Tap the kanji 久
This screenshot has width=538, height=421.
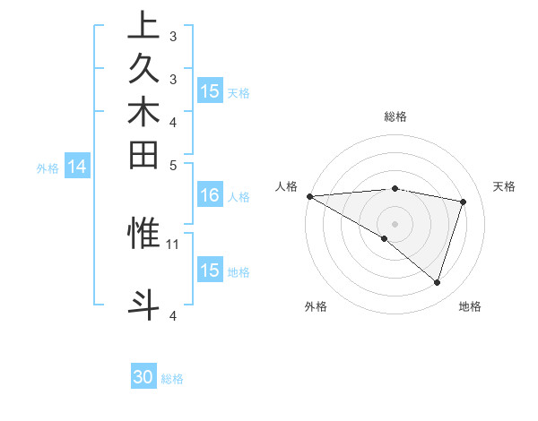(x=143, y=71)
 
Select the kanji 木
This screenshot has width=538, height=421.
(x=143, y=113)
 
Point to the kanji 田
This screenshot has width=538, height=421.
(x=143, y=155)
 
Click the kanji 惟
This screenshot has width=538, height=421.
(x=143, y=232)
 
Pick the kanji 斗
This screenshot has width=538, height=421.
(x=143, y=303)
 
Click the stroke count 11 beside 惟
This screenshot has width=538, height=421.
(x=173, y=244)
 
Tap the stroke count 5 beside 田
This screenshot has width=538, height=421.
(x=173, y=165)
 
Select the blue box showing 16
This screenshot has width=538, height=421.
(x=210, y=196)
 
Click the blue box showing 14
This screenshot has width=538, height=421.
(x=78, y=166)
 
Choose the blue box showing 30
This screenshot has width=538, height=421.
(x=143, y=377)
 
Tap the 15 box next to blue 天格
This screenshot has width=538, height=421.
(x=210, y=91)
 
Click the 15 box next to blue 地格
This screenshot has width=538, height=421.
(x=210, y=271)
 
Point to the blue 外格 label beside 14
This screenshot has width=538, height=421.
(x=48, y=167)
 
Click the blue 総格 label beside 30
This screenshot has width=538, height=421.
(x=172, y=379)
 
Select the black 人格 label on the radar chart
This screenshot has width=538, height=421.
(x=286, y=186)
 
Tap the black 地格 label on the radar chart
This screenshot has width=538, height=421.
(x=470, y=306)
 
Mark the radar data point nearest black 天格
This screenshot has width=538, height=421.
(x=464, y=202)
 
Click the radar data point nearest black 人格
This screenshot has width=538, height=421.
(x=309, y=196)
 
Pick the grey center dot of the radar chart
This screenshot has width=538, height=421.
(x=395, y=223)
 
